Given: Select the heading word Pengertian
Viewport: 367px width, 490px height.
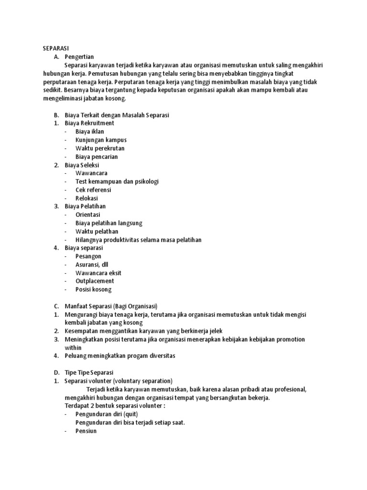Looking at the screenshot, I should click(80, 56).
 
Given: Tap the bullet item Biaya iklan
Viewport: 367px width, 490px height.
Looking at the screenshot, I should click(89, 131).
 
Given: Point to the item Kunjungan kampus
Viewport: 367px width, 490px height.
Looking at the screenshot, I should click(101, 140).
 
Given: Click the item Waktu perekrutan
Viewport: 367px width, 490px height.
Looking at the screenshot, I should click(99, 148).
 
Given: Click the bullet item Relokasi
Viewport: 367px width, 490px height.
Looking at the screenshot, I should click(86, 198).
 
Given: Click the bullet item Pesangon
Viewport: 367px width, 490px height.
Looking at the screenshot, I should click(88, 256).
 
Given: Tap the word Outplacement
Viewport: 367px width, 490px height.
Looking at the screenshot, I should click(95, 281).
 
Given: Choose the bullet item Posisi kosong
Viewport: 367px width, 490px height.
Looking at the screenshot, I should click(94, 289).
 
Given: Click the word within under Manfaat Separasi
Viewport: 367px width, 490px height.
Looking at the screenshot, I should click(73, 347).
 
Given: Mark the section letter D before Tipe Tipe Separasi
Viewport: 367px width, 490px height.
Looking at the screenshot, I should click(56, 372).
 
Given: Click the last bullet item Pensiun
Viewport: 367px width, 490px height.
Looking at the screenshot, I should click(86, 431).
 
